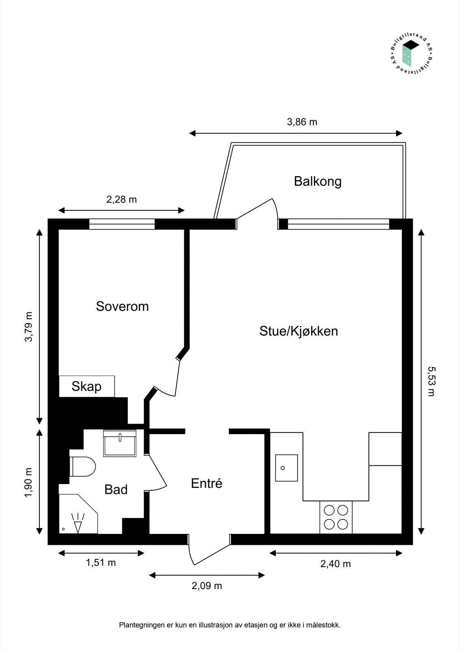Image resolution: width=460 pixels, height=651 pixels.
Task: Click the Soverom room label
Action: [122, 306]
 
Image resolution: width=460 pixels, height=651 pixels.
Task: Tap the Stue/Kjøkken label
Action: [299, 331]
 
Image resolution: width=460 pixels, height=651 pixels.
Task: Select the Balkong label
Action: [318, 181]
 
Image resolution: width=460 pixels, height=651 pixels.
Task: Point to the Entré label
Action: [207, 483]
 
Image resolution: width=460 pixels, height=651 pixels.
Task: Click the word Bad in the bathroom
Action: [116, 489]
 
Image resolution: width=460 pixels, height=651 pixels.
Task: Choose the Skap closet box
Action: [87, 386]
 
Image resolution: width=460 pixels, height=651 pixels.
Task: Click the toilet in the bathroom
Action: [83, 466]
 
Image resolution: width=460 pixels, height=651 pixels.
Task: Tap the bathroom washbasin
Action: [120, 443]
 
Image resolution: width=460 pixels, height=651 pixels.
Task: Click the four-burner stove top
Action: [336, 517]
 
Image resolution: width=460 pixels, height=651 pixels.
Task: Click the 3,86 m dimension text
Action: [302, 122]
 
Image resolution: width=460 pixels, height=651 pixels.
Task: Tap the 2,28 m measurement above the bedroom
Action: [122, 199]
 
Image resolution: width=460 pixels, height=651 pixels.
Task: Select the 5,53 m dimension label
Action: [431, 381]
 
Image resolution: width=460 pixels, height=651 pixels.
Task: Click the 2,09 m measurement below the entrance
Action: [207, 586]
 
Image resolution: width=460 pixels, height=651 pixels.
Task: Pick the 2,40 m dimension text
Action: [336, 564]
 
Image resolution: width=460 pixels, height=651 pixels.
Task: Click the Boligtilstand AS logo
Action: [411, 53]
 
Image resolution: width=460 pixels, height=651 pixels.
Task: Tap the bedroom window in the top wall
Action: [122, 224]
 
